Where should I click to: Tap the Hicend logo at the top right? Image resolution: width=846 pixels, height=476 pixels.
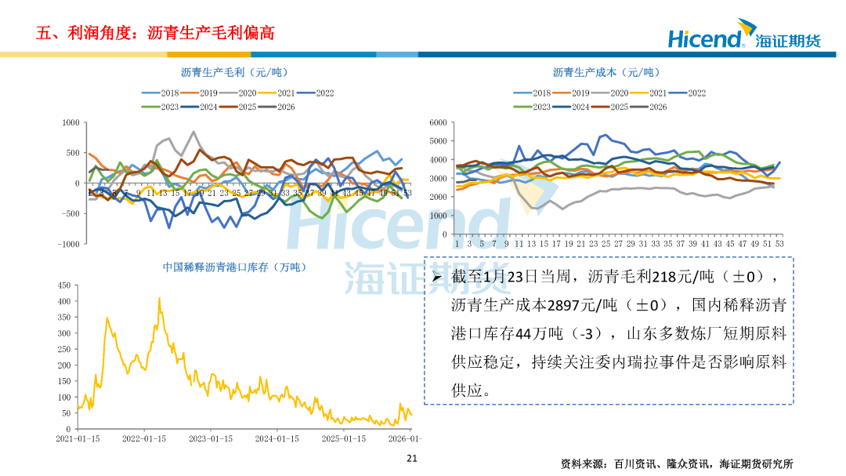coord(743,37)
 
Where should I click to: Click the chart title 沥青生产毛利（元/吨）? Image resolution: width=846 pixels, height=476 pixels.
coord(223,72)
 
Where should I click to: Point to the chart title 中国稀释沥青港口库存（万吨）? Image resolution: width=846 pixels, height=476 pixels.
coord(234,267)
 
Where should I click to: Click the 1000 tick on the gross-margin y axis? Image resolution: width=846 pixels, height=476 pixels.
coord(72,122)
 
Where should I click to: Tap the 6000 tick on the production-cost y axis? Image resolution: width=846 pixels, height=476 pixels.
coord(438,122)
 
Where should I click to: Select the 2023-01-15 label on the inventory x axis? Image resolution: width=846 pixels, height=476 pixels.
coord(211,438)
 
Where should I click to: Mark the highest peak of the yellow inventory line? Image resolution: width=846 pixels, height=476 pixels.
coord(160,299)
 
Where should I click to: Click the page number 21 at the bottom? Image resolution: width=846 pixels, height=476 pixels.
coord(411,458)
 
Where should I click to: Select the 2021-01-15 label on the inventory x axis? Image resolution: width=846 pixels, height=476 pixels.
coord(77,438)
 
